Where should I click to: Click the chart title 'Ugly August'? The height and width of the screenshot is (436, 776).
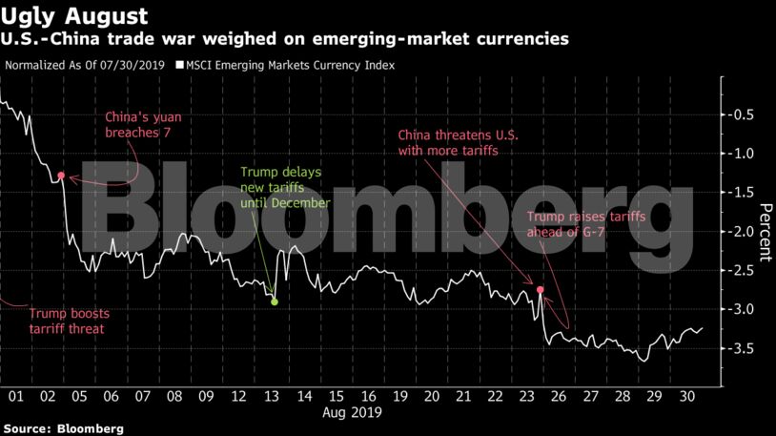coord(75,16)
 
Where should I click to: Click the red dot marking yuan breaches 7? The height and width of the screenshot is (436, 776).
coord(61,176)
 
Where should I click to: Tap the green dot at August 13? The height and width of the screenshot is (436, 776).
coord(275,301)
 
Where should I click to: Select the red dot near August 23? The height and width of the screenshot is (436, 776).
coord(541,289)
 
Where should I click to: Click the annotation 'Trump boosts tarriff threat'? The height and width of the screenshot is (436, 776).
coord(66,321)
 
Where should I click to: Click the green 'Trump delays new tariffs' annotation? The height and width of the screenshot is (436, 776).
coord(284,187)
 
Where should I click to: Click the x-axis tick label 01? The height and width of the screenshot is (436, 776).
coord(16,396)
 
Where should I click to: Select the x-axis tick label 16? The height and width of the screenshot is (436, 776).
coord(368,396)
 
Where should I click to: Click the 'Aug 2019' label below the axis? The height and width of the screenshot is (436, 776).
coord(352,413)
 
